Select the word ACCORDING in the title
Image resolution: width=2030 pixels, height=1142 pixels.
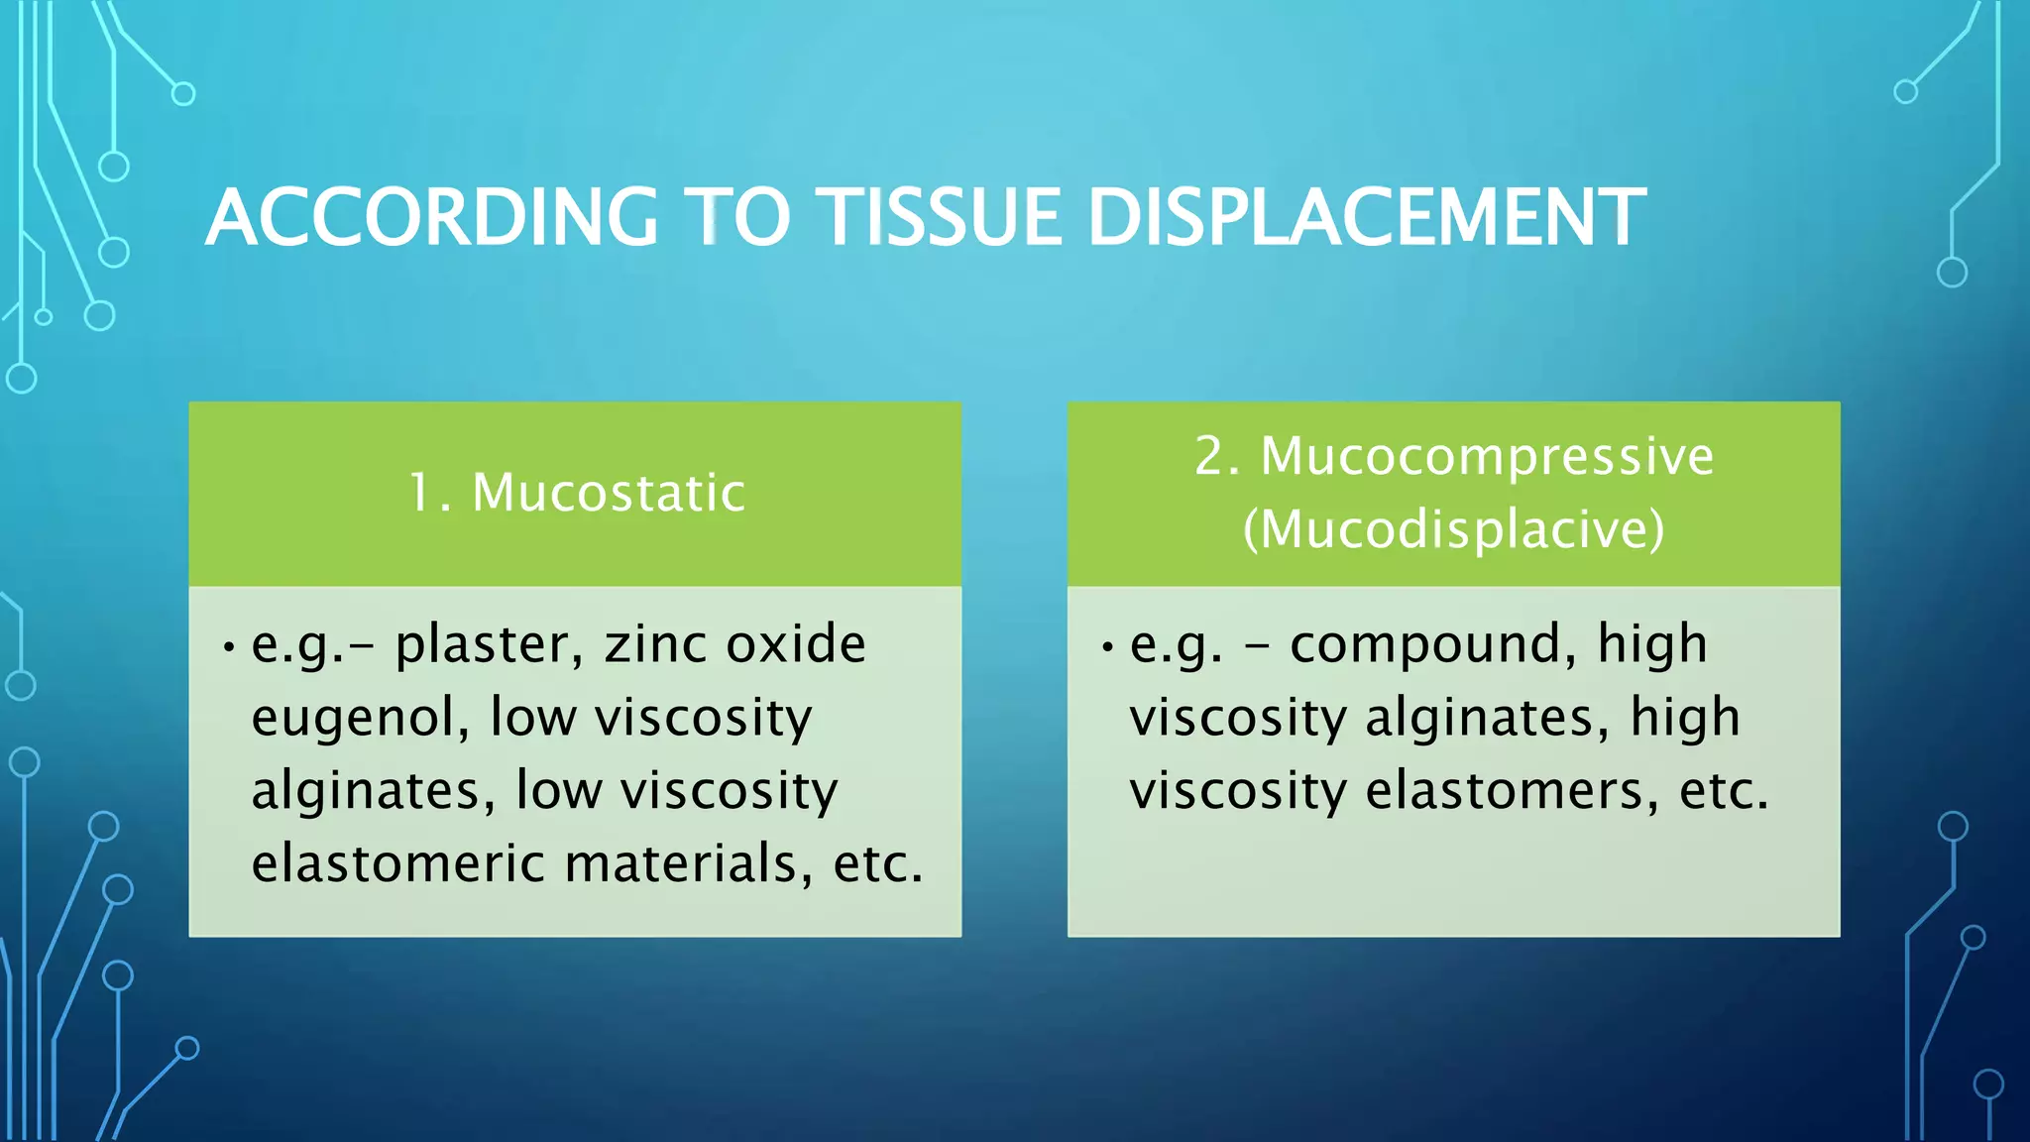(x=432, y=217)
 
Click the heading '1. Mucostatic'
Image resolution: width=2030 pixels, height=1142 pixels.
(x=576, y=493)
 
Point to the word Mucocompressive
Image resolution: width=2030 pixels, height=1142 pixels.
(x=1486, y=457)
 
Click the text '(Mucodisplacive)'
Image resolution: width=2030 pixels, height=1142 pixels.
(x=1453, y=529)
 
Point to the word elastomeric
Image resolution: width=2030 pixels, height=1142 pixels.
(x=397, y=862)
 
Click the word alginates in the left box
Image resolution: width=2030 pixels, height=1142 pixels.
(x=373, y=791)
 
